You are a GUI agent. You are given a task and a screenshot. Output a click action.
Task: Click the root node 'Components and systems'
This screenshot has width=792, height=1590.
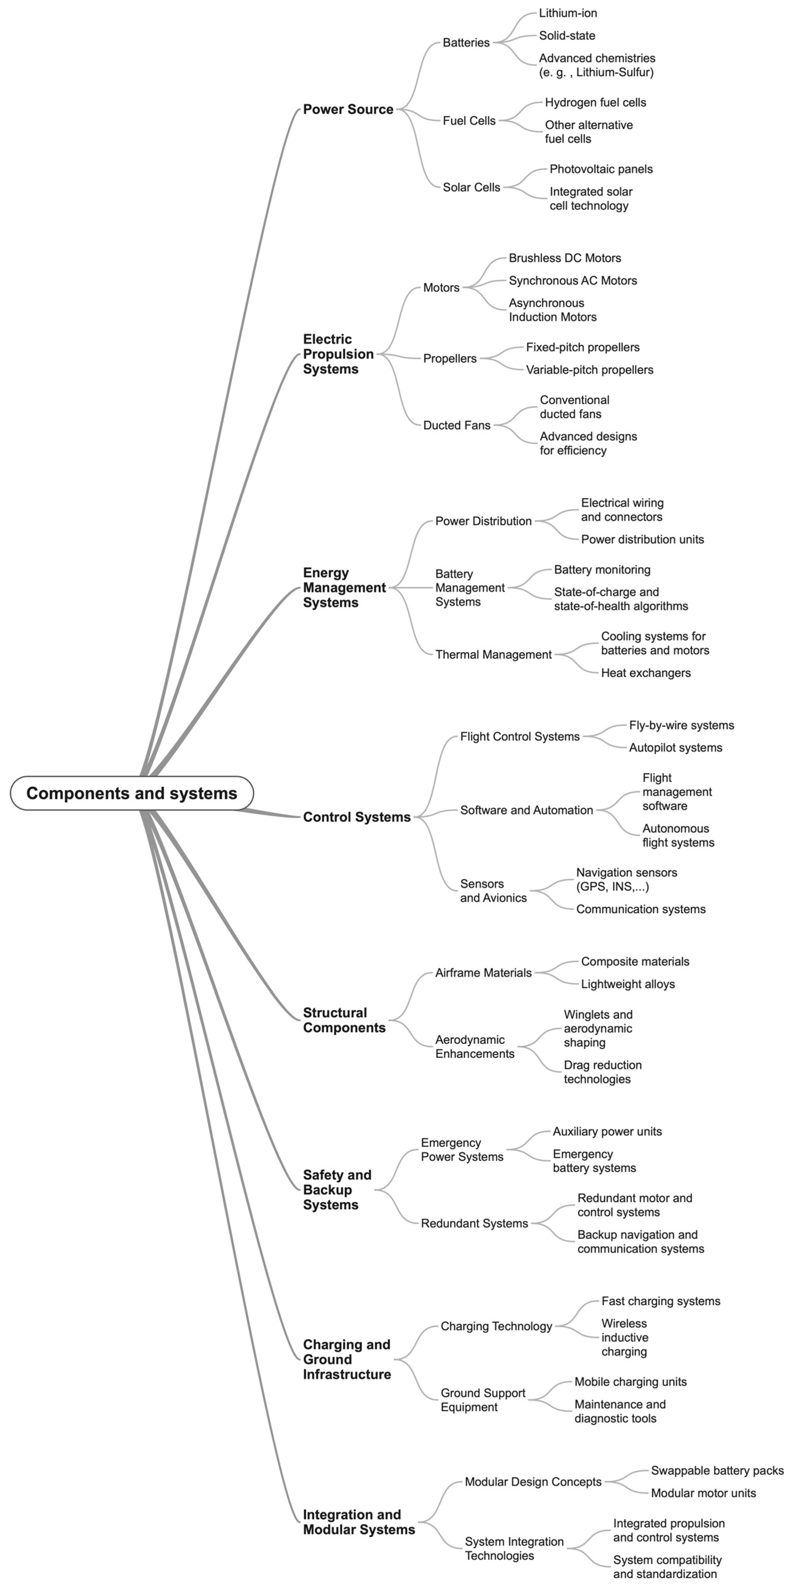[x=131, y=793]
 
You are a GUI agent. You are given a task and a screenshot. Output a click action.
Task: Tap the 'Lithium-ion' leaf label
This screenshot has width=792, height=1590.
[x=568, y=13]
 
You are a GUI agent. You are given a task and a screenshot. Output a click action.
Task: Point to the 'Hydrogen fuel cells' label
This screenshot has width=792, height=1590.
[x=595, y=103]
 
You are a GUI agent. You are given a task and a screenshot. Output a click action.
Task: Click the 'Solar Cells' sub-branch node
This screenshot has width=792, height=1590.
[x=471, y=187]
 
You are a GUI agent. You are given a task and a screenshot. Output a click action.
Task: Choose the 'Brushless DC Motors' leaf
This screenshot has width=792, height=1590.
[x=564, y=258]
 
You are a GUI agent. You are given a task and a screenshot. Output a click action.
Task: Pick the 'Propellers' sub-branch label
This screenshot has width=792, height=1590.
[x=449, y=359]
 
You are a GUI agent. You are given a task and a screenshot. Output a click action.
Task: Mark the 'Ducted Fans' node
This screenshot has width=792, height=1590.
[x=456, y=425]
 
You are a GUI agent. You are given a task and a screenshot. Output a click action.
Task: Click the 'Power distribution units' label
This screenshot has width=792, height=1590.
[x=642, y=539]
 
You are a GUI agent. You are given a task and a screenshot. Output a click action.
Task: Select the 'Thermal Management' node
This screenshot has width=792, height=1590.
[x=493, y=654]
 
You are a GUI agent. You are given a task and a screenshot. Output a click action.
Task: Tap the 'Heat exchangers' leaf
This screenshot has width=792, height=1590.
[x=646, y=673]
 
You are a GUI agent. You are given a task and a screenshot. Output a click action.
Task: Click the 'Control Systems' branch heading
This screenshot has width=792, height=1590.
[x=356, y=817]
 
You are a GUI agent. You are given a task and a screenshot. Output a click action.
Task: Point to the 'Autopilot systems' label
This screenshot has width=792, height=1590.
[x=675, y=748]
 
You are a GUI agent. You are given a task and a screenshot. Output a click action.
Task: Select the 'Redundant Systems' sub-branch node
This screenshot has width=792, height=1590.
[x=474, y=1223]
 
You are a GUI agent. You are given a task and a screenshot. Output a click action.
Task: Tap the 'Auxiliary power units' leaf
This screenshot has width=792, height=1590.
[x=607, y=1131]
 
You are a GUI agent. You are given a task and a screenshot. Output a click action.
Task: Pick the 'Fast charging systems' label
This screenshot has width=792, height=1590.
[x=661, y=1301]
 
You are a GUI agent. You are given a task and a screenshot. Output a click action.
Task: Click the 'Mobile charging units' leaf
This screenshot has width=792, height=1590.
[x=630, y=1382]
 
